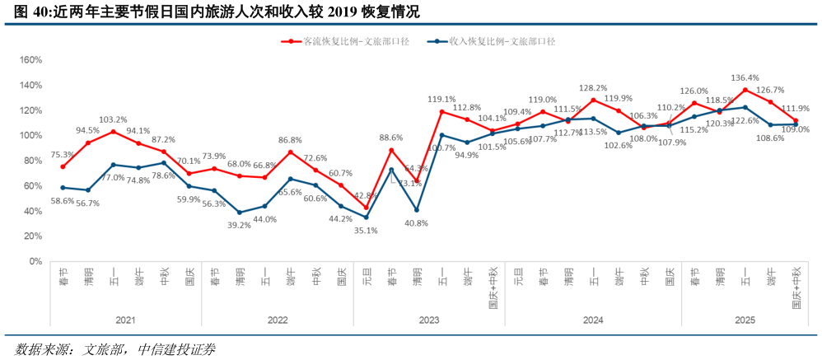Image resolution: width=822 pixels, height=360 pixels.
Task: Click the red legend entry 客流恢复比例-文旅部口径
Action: click(x=339, y=40)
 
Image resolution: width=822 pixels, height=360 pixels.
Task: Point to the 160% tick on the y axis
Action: click(x=30, y=60)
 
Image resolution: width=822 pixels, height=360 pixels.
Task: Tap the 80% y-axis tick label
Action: click(x=32, y=161)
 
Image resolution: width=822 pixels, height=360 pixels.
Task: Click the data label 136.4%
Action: click(x=745, y=79)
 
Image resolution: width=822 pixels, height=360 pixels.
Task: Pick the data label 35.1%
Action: click(x=365, y=231)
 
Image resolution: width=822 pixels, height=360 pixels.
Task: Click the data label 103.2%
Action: click(x=114, y=120)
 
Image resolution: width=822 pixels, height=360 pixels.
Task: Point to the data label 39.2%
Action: click(x=239, y=225)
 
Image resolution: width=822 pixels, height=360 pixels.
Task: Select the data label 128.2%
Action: click(x=593, y=88)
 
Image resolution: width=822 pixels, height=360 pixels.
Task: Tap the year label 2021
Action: click(x=126, y=319)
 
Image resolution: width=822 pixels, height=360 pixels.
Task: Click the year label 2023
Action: click(x=429, y=319)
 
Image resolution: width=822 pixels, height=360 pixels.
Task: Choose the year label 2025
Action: click(x=745, y=319)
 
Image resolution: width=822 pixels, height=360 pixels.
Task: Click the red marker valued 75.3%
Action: click(x=63, y=167)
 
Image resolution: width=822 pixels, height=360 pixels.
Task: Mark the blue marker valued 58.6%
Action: click(x=63, y=188)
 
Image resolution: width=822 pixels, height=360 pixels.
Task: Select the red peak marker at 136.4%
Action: click(x=745, y=90)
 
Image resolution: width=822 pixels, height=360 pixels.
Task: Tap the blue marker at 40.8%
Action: click(x=417, y=210)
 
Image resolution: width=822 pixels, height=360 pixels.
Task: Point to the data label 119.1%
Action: click(x=442, y=100)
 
